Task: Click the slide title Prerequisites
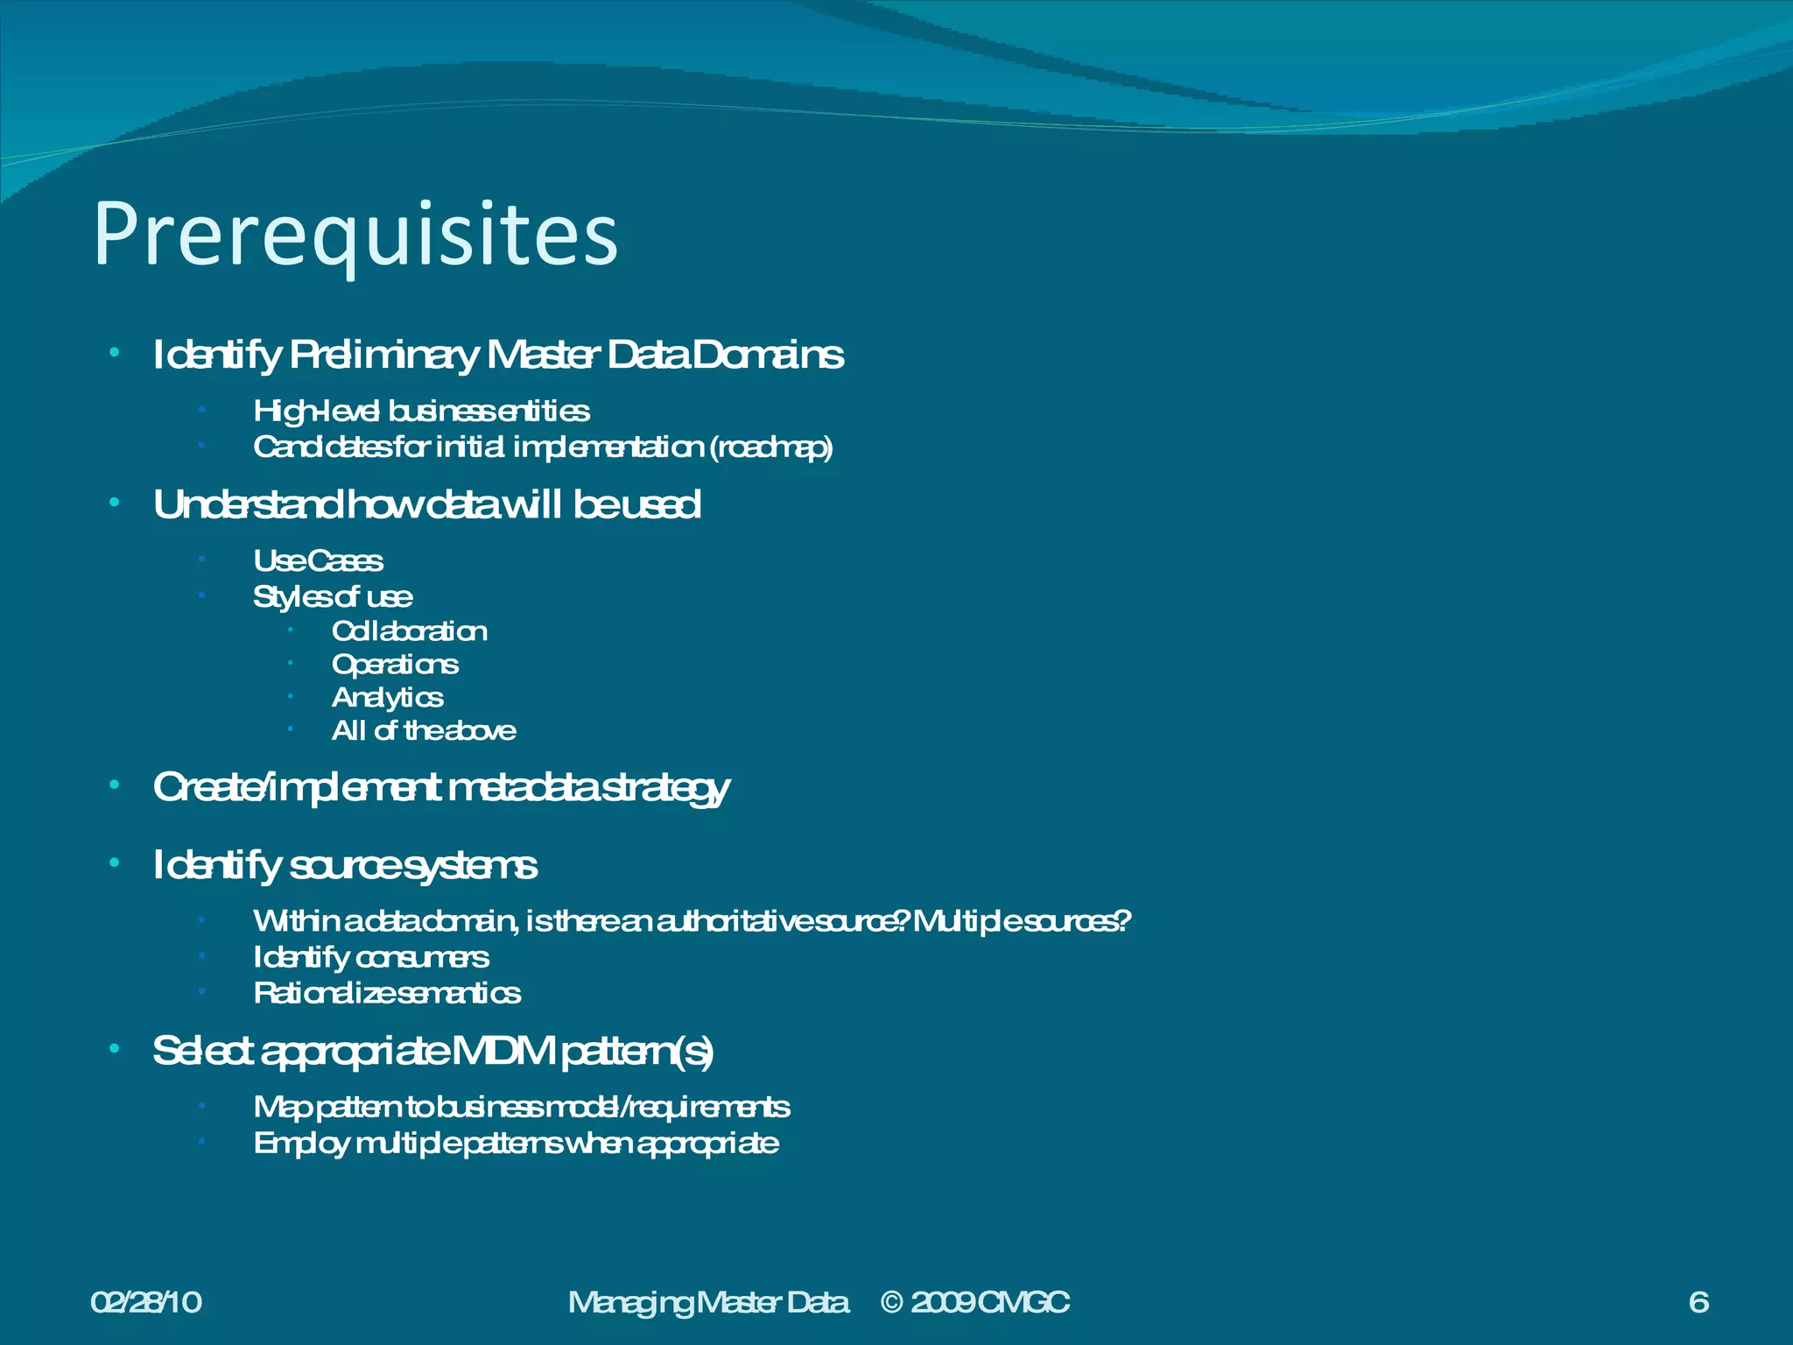point(355,235)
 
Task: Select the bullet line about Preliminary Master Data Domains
point(497,356)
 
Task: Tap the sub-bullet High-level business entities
point(421,412)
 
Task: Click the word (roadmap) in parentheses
point(770,447)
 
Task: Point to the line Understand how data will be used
point(426,505)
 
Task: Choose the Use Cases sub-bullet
point(318,561)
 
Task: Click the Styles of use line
point(333,597)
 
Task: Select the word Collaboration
point(409,631)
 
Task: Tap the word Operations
point(395,665)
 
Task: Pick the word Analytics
point(387,698)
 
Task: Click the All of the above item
point(424,731)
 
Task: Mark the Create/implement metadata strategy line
point(440,788)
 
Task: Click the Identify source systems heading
point(345,866)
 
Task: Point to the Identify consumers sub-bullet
point(370,958)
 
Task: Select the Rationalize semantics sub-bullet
point(387,994)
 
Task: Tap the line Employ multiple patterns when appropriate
point(516,1144)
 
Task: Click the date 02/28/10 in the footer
point(146,1303)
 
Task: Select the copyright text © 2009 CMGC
point(974,1303)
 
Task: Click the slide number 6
point(1698,1303)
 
